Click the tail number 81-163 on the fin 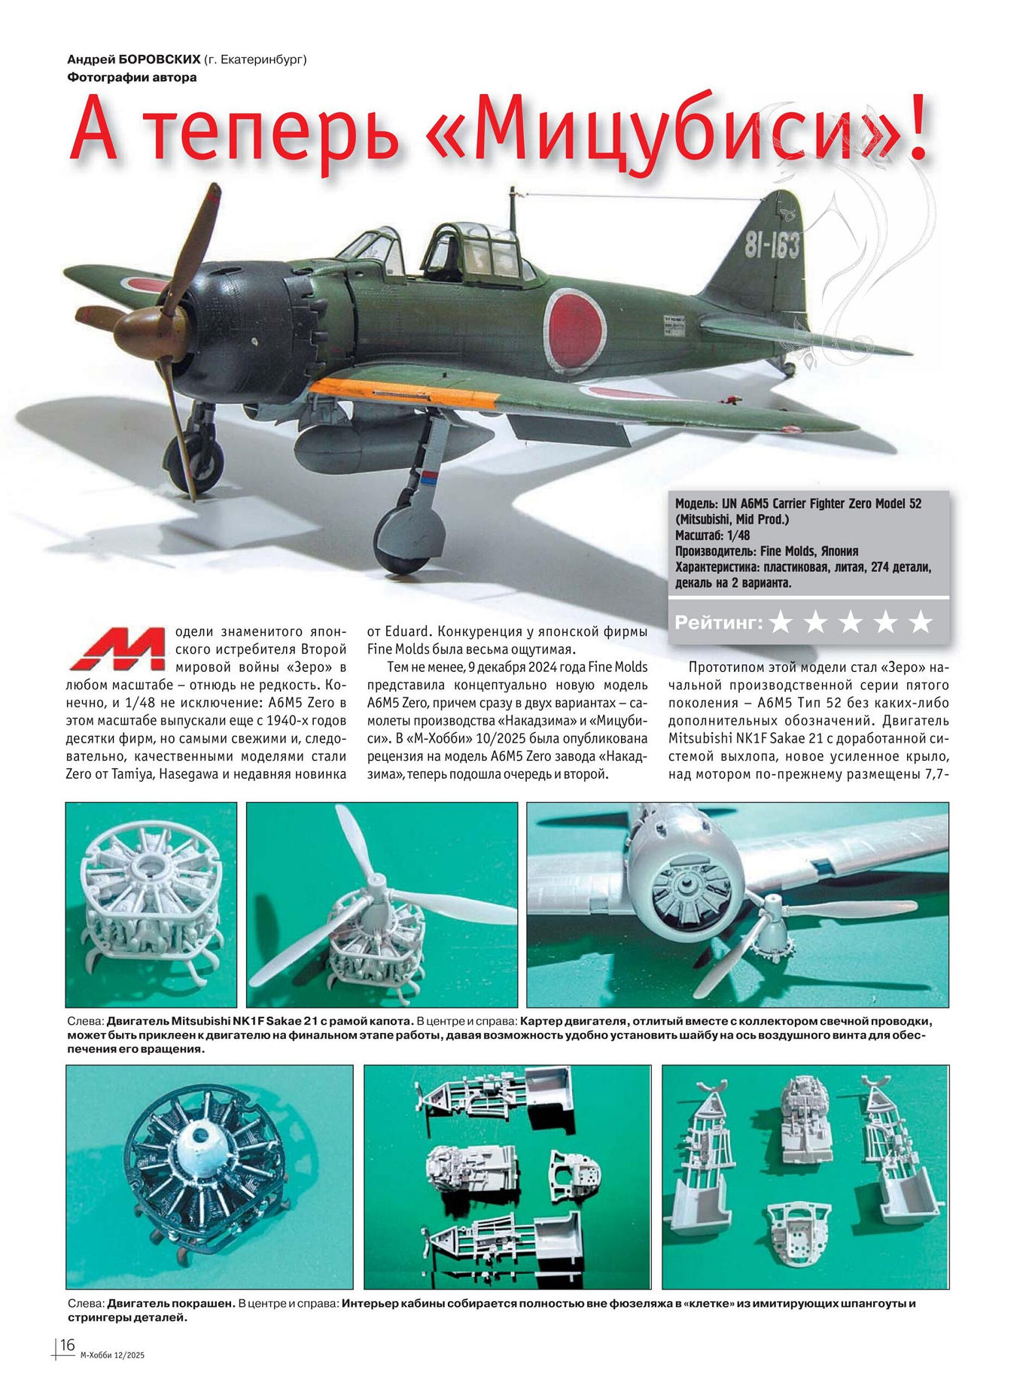[x=772, y=244]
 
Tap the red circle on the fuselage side [x=574, y=329]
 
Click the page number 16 [x=68, y=1345]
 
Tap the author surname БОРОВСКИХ [x=160, y=59]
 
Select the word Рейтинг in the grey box [x=718, y=622]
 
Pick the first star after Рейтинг [x=781, y=622]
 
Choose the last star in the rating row [x=920, y=622]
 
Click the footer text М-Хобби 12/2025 [x=111, y=1355]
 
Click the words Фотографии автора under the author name [x=132, y=77]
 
